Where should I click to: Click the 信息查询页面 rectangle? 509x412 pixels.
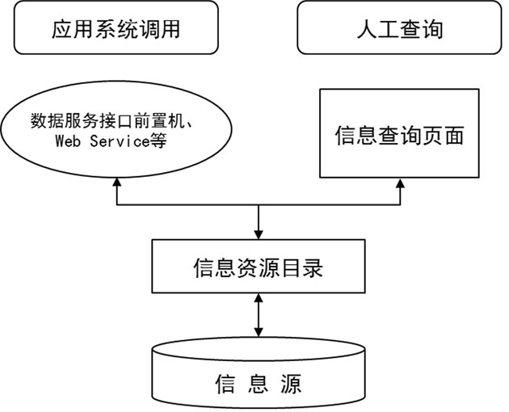tap(398, 134)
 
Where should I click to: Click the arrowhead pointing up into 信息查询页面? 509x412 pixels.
tap(399, 185)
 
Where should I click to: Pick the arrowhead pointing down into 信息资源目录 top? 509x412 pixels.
tap(259, 235)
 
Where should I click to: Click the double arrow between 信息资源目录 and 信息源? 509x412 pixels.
tap(259, 316)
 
